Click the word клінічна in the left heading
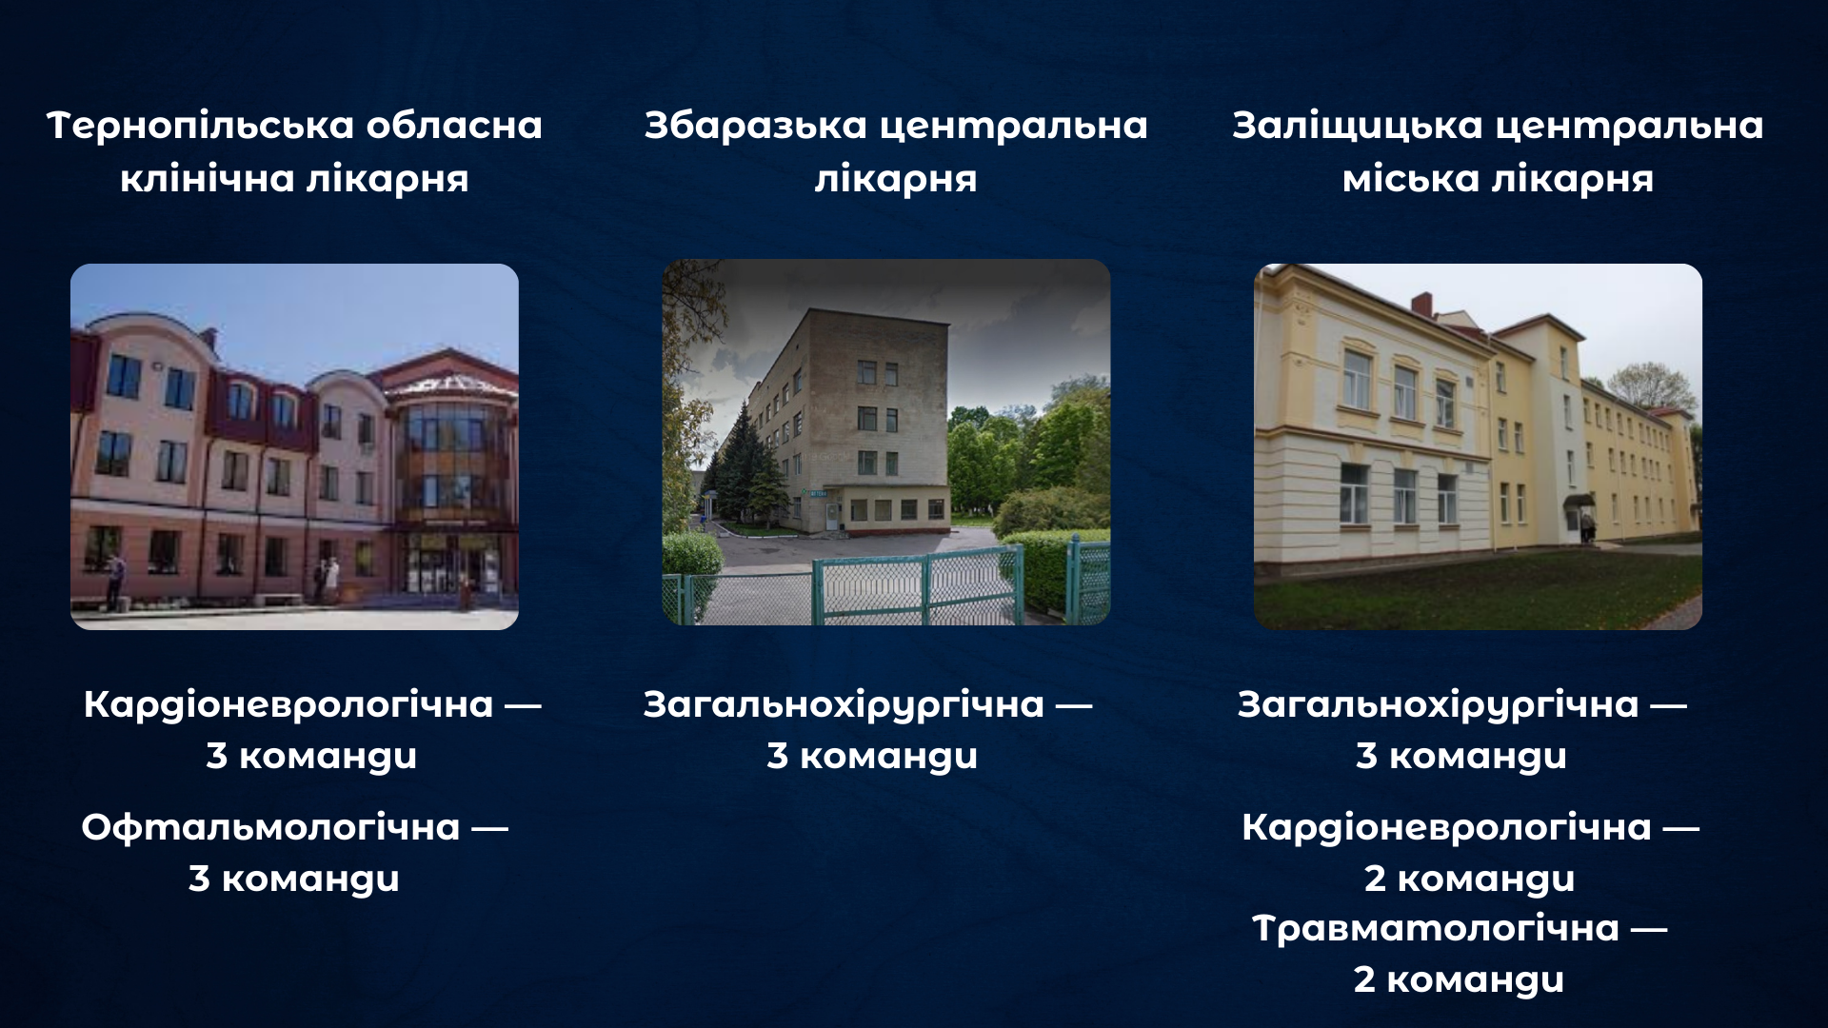[x=207, y=179]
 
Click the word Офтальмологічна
[x=270, y=827]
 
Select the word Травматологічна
[x=1435, y=928]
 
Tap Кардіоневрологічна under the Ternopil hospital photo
[x=288, y=704]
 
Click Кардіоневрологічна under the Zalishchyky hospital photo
[x=1445, y=827]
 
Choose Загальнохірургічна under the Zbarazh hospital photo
[x=844, y=704]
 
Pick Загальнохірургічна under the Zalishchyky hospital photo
[x=1438, y=704]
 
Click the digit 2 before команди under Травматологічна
[x=1364, y=979]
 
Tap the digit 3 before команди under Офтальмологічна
[x=199, y=878]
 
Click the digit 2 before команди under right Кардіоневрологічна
[x=1375, y=878]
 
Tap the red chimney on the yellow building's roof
[x=1421, y=306]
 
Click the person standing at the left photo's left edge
[x=116, y=581]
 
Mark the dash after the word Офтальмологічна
[x=489, y=828]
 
